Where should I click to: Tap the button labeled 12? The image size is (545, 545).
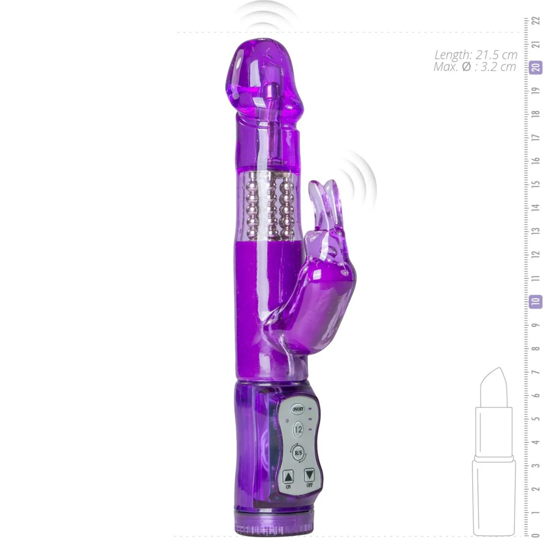[298, 430]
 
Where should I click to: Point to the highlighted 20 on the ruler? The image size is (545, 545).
[536, 68]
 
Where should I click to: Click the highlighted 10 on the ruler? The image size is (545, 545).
[536, 302]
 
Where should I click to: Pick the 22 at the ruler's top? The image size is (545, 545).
[536, 21]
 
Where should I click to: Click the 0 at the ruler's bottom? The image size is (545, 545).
[536, 535]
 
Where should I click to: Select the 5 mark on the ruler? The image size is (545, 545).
[536, 418]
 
